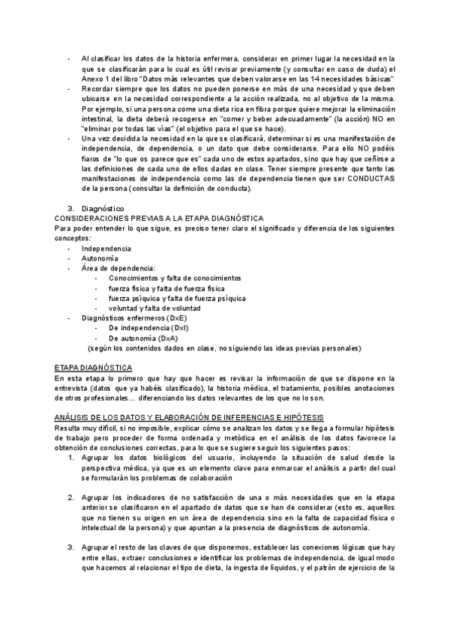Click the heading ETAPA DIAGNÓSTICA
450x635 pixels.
94,368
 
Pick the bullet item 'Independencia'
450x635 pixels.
106,248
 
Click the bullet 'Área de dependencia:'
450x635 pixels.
118,268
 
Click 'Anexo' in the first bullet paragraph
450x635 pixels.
93,79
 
